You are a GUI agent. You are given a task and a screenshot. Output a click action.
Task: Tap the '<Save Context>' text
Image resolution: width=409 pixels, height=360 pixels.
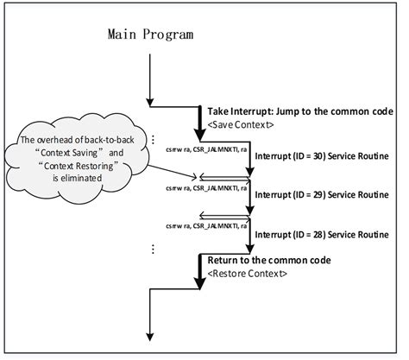point(241,124)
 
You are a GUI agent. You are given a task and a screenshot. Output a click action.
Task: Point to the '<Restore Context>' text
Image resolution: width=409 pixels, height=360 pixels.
point(248,274)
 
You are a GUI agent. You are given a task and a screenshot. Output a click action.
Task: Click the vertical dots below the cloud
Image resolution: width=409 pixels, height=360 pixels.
point(154,249)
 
